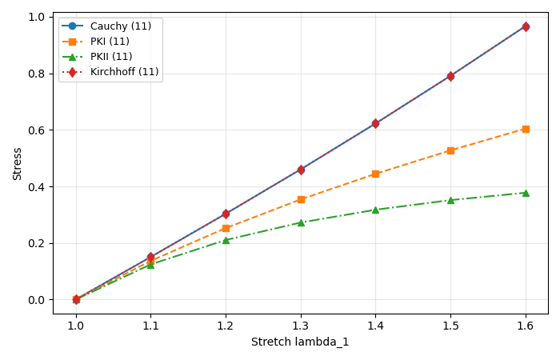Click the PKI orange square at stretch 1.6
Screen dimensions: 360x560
click(526, 129)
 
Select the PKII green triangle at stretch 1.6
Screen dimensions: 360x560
click(526, 193)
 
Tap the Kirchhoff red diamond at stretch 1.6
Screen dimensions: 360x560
click(526, 26)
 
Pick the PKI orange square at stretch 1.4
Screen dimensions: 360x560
click(375, 174)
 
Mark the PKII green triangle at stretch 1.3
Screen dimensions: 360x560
click(301, 222)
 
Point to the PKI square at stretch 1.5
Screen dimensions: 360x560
click(450, 150)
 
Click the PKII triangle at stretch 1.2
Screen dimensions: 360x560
click(226, 240)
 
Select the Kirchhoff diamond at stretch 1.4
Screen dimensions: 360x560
click(375, 123)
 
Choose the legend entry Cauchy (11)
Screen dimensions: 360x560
click(120, 26)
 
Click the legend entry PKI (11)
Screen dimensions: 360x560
click(111, 42)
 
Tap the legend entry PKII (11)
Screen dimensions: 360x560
click(111, 57)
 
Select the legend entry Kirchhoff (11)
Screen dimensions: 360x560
click(124, 72)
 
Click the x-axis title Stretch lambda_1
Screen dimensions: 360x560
click(300, 342)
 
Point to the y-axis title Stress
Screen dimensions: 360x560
click(18, 163)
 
